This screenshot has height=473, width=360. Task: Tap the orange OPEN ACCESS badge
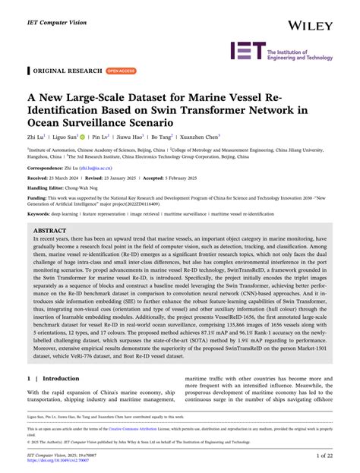121,71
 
